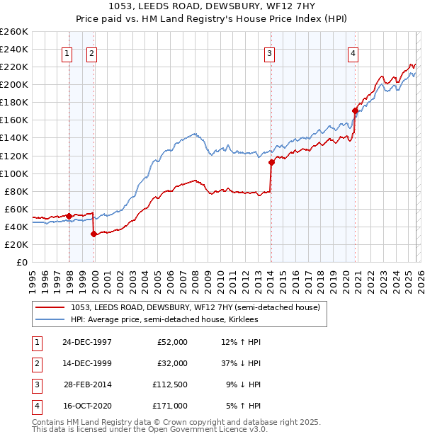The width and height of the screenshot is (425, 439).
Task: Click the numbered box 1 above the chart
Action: (67, 53)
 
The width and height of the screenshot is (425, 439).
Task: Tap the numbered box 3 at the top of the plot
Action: (270, 53)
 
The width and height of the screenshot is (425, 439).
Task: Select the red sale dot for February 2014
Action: (271, 162)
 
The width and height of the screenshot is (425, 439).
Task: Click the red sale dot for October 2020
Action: (355, 110)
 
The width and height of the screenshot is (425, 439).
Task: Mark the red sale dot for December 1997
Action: (69, 216)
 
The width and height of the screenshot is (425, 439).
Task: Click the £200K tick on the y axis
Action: (14, 84)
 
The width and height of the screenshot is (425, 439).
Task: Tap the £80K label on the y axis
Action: (16, 191)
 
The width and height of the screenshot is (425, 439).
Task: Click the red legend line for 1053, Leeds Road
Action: (50, 307)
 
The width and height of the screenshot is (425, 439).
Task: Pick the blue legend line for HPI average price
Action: (50, 319)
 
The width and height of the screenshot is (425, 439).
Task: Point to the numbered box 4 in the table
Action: (35, 406)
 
